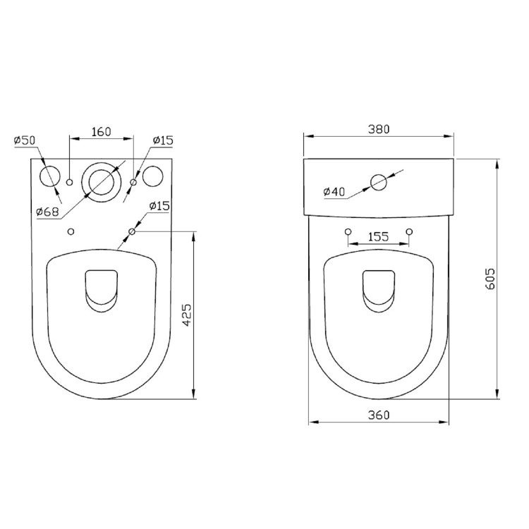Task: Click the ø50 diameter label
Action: tap(24, 141)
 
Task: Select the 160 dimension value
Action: tap(101, 132)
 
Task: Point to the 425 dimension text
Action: tap(186, 315)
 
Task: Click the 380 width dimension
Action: tap(378, 129)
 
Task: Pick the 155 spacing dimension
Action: tap(378, 237)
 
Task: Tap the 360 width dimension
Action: tap(378, 415)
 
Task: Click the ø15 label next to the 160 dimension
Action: tap(163, 141)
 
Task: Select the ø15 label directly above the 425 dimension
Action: tap(159, 206)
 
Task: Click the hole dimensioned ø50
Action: tap(51, 177)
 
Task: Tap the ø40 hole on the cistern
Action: tap(379, 182)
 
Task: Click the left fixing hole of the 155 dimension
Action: tap(346, 231)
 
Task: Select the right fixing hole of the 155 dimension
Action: tap(409, 231)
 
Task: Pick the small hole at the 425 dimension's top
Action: tap(132, 231)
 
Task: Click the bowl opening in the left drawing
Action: tap(101, 289)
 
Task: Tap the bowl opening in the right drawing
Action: tap(379, 289)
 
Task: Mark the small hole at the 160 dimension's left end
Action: tap(69, 183)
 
